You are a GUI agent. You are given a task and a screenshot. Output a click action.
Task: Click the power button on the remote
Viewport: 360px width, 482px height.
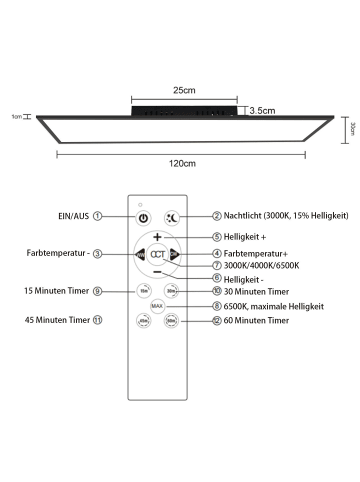point(143,217)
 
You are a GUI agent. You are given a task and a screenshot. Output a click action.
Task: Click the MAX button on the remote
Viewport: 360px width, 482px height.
point(157,305)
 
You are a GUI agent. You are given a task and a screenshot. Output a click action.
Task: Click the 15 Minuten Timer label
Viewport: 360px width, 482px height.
point(52,291)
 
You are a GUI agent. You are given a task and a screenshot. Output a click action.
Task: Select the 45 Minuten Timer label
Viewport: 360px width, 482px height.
point(52,321)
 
